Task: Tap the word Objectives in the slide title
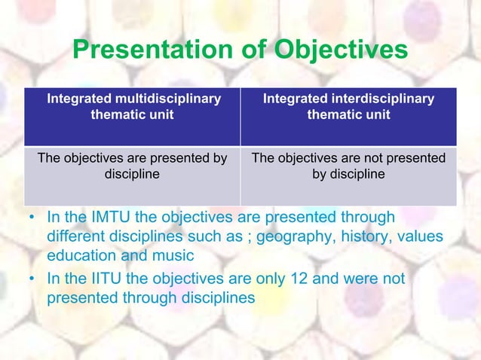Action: point(342,50)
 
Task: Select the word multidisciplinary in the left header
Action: point(167,99)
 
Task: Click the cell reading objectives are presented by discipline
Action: point(132,166)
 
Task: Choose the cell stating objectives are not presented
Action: point(348,166)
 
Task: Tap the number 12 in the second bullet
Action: point(297,279)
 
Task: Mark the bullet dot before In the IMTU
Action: point(32,218)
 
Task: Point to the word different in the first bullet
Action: point(78,237)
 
